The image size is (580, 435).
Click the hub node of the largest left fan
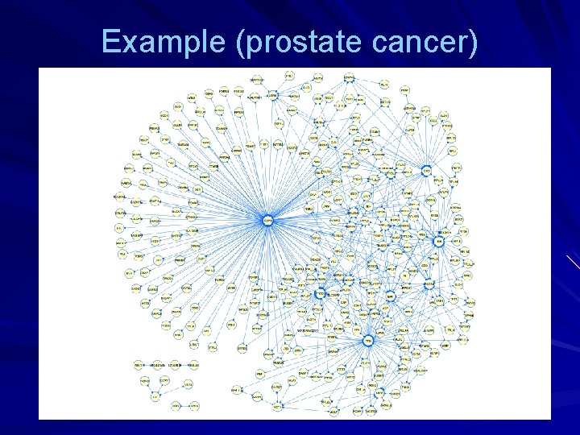268,219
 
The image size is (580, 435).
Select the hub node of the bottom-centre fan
368,341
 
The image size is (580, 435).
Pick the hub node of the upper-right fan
426,170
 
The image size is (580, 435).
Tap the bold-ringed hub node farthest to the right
439,241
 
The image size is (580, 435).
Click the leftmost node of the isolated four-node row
138,365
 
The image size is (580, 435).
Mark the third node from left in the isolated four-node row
174,365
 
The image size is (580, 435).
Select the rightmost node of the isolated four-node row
193,365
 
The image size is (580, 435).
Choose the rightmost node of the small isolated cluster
187,385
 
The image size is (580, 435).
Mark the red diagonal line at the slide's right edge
572,262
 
